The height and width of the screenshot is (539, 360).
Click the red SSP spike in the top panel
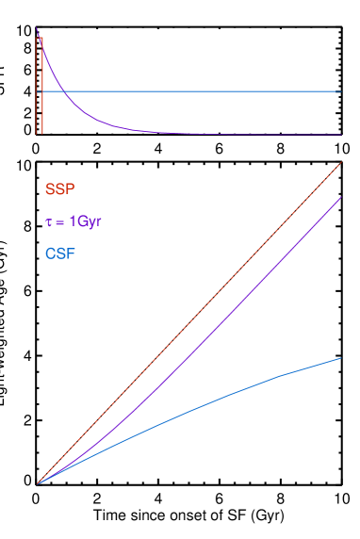pyautogui.click(x=40, y=85)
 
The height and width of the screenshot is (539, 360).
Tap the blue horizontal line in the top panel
pyautogui.click(x=188, y=91)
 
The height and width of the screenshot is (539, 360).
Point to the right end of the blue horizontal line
pyautogui.click(x=340, y=91)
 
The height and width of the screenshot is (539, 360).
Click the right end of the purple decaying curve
pyautogui.click(x=340, y=134)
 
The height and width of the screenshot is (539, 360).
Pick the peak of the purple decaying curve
pyautogui.click(x=37, y=30)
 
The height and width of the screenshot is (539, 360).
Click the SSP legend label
pyautogui.click(x=59, y=189)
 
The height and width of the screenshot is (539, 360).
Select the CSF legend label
pyautogui.click(x=59, y=253)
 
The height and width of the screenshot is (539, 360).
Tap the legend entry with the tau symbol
pyautogui.click(x=73, y=221)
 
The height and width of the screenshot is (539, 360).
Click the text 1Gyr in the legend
pyautogui.click(x=85, y=221)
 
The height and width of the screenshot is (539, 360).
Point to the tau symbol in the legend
pyautogui.click(x=49, y=222)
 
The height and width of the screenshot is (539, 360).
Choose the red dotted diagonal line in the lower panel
pyautogui.click(x=188, y=323)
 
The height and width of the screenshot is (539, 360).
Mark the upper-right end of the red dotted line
pyautogui.click(x=340, y=163)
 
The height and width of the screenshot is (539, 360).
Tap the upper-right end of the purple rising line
pyautogui.click(x=340, y=198)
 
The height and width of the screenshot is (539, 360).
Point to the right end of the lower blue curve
pyautogui.click(x=340, y=358)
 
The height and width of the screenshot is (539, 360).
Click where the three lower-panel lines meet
pyautogui.click(x=38, y=483)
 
